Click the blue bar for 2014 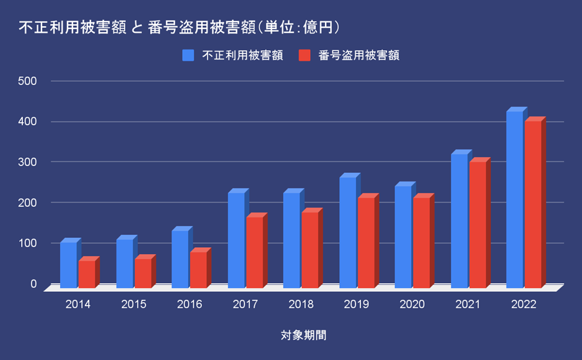pos(69,265)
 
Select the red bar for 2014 pos(87,274)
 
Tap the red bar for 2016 pos(199,270)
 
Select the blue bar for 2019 pos(348,232)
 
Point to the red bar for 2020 pos(422,242)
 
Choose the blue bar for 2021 pos(459,221)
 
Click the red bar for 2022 pos(533,204)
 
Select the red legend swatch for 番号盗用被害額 pos(304,55)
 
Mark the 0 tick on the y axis pos(34,284)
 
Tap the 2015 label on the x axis pos(134,305)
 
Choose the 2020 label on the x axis pos(412,305)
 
